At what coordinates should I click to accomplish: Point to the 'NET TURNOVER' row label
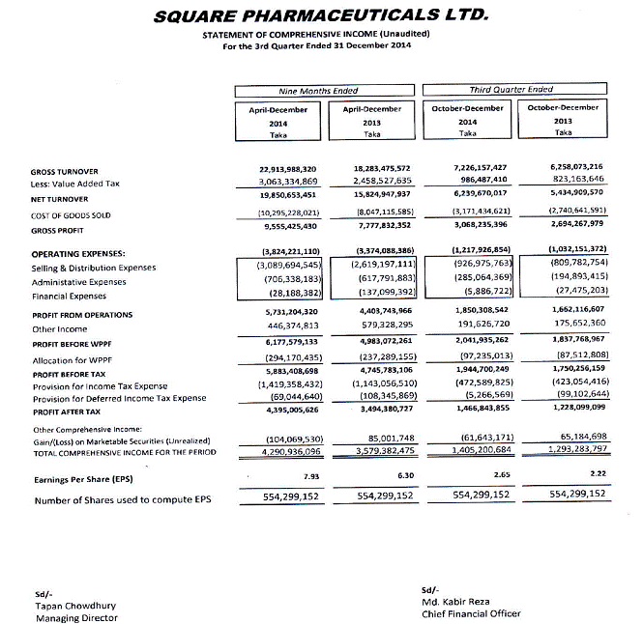pyautogui.click(x=60, y=196)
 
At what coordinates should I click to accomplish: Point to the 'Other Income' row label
pyautogui.click(x=60, y=328)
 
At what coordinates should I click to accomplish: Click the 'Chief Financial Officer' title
pyautogui.click(x=471, y=612)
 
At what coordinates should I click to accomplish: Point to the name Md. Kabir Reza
pyautogui.click(x=455, y=601)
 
